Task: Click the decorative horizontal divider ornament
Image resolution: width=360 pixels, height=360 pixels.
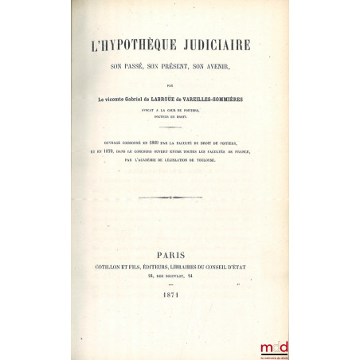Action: [174, 196]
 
